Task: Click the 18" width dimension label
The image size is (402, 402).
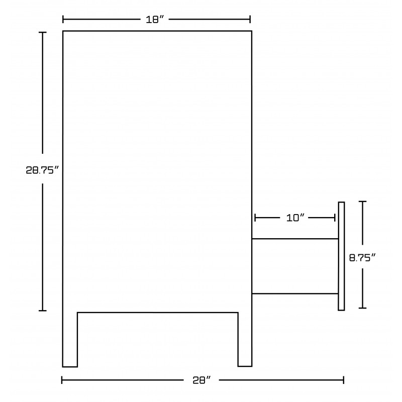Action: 155,20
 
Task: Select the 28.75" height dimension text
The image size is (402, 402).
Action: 42,170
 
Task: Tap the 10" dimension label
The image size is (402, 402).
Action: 295,218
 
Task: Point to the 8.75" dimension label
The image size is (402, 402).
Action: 362,257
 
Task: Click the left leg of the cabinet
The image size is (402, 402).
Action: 70,340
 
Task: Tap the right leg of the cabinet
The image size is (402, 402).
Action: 245,339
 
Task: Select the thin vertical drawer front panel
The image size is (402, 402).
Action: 341,256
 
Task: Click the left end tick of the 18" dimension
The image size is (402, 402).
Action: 63,19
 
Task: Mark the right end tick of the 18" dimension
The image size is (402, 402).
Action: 250,19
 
